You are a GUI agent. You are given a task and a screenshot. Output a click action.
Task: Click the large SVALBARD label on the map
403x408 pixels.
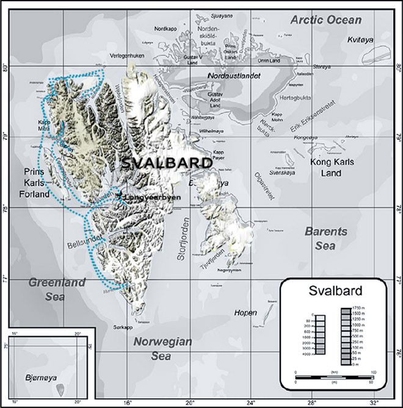point(166,163)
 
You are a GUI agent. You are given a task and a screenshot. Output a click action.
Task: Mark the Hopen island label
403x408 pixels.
point(245,313)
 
